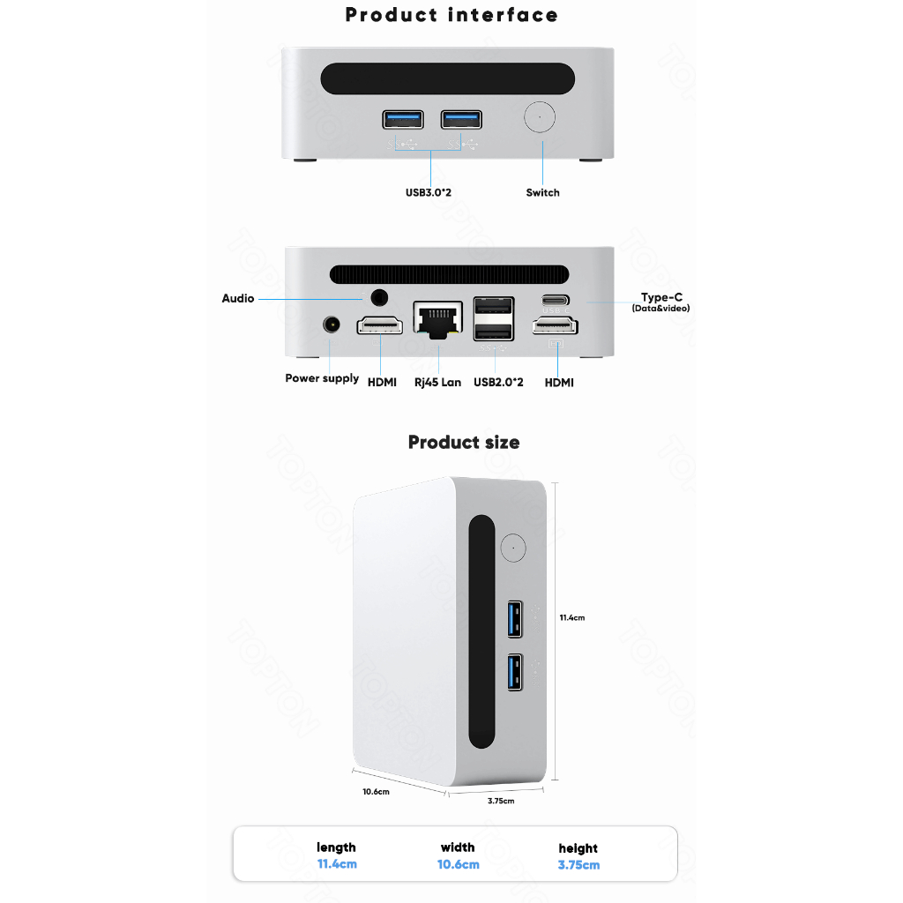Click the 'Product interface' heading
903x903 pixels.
[x=451, y=15]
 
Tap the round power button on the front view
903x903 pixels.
[x=539, y=118]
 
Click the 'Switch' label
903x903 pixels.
[x=542, y=192]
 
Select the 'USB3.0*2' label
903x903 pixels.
[x=429, y=192]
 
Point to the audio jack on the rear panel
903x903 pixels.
[x=380, y=298]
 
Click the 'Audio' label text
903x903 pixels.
[x=237, y=299]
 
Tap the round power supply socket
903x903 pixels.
[x=332, y=325]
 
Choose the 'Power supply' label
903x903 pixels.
[x=321, y=378]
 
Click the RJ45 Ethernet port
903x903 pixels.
[x=437, y=318]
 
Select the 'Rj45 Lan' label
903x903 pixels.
[x=437, y=383]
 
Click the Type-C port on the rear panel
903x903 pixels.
[x=555, y=299]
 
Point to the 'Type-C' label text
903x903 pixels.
[x=661, y=297]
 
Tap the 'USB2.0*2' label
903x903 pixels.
[x=498, y=383]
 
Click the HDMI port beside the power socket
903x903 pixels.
[x=380, y=327]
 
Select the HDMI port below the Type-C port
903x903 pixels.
[x=555, y=327]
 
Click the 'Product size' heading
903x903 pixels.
[x=463, y=442]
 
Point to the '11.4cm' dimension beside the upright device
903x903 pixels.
[x=571, y=618]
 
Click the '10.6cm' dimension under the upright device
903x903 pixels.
[x=376, y=792]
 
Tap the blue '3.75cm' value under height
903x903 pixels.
[x=578, y=865]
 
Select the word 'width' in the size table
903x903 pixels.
[x=458, y=847]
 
